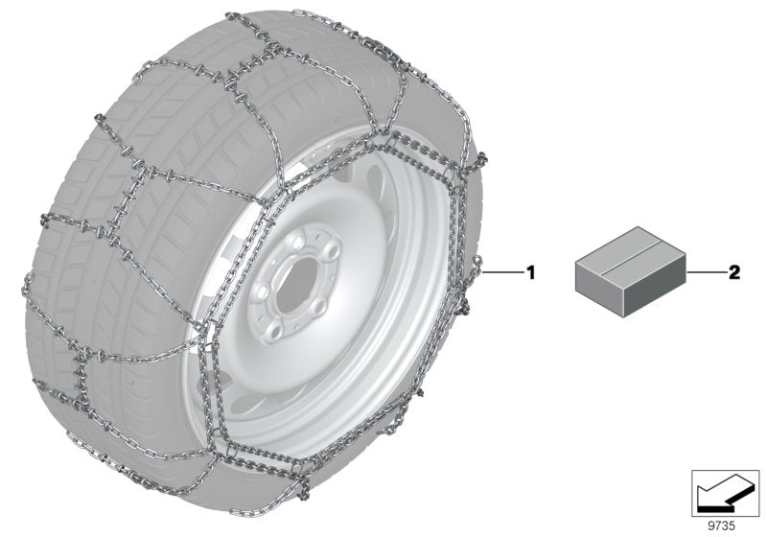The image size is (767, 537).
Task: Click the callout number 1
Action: (x=531, y=272)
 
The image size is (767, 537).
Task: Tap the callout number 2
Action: (x=734, y=272)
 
